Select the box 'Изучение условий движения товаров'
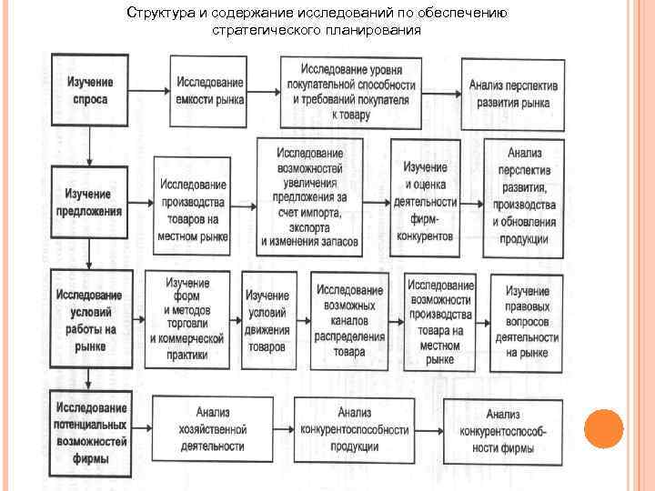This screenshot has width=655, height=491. coord(268,321)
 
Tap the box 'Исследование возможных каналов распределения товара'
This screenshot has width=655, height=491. coord(349,320)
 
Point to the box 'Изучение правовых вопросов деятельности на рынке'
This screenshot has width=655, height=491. coord(527,321)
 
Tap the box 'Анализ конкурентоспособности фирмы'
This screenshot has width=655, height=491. coord(504,429)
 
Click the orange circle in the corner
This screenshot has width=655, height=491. coord(603,428)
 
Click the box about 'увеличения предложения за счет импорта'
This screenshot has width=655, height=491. coord(309,195)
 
